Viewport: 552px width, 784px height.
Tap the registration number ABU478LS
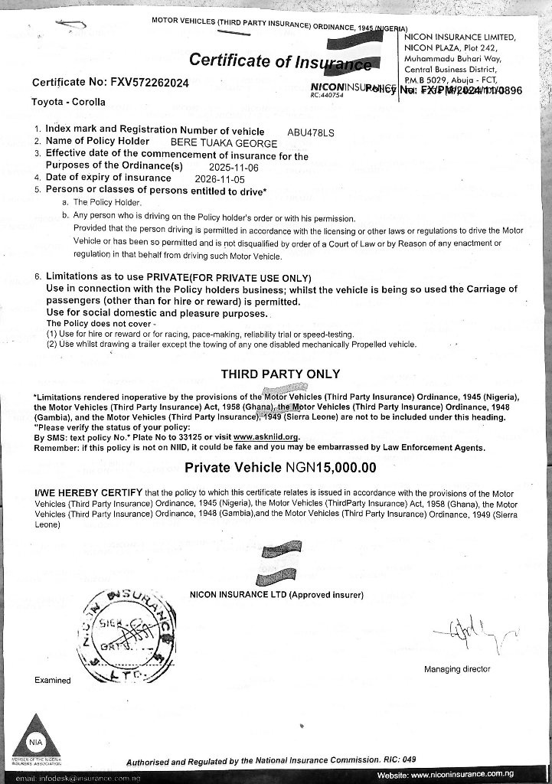coord(310,132)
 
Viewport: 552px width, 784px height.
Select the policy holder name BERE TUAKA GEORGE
coord(224,142)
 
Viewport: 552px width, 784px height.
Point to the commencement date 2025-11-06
coord(234,167)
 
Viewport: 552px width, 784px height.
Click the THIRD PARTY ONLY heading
coord(280,374)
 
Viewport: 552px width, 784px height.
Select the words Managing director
coord(456,669)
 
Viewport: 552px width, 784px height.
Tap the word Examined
coord(53,680)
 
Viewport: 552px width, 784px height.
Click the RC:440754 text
coord(327,96)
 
